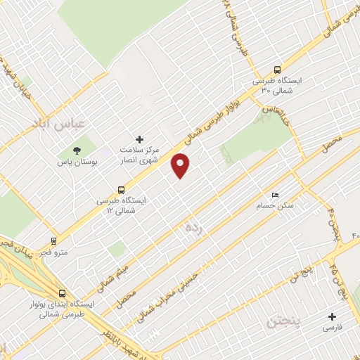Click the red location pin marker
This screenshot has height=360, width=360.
tap(181, 165)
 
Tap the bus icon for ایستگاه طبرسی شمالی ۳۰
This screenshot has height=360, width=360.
tap(277, 70)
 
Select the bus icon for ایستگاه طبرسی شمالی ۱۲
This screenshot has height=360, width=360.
tap(122, 190)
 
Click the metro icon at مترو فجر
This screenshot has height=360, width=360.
tap(53, 240)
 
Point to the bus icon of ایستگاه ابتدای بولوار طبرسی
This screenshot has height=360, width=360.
tap(63, 293)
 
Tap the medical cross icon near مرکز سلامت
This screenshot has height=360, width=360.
tap(139, 139)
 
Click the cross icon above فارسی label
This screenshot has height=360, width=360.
tap(332, 316)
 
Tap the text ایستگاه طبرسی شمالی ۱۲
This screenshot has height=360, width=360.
tap(124, 206)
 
